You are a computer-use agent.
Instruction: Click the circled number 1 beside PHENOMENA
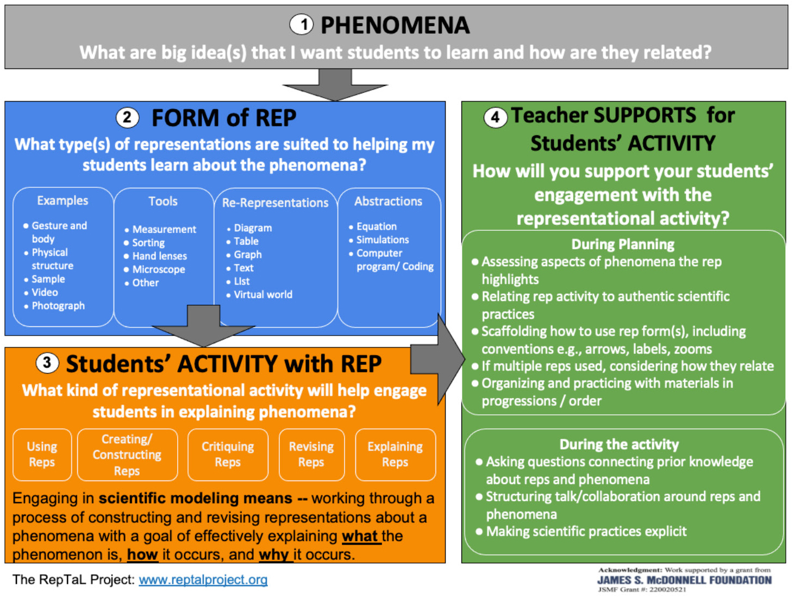point(302,24)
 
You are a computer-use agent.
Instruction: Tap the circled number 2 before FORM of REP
point(127,117)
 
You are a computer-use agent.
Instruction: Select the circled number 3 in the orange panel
point(47,363)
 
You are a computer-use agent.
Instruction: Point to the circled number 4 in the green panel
point(495,117)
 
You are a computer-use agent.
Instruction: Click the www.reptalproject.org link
point(203,579)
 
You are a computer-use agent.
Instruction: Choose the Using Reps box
point(42,455)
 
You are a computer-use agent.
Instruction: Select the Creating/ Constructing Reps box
point(127,455)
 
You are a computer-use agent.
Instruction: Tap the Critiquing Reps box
point(228,455)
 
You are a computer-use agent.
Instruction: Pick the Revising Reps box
point(311,455)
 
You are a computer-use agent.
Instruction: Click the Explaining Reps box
point(395,455)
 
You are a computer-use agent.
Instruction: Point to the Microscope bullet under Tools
point(159,269)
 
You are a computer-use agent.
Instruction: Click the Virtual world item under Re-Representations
point(263,294)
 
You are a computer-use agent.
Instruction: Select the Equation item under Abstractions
point(376,226)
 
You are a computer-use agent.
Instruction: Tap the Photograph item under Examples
point(58,306)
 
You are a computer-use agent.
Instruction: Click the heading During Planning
point(623,244)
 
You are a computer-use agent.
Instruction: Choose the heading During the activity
point(619,445)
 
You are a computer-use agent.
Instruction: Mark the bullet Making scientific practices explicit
point(586,531)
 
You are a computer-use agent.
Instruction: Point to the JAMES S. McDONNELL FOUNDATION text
point(684,580)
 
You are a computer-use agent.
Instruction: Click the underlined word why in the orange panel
point(273,554)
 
